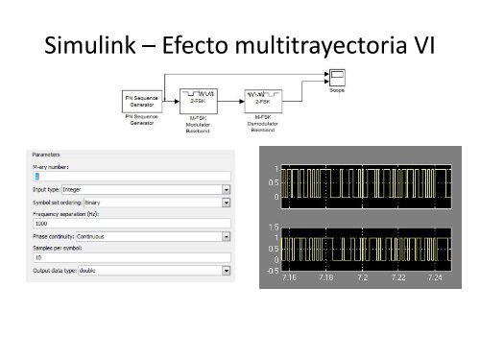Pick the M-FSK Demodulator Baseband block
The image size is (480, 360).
[262, 99]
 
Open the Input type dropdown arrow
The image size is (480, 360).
[227, 189]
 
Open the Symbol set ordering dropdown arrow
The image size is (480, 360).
[227, 203]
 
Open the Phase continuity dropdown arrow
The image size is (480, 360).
[227, 236]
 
